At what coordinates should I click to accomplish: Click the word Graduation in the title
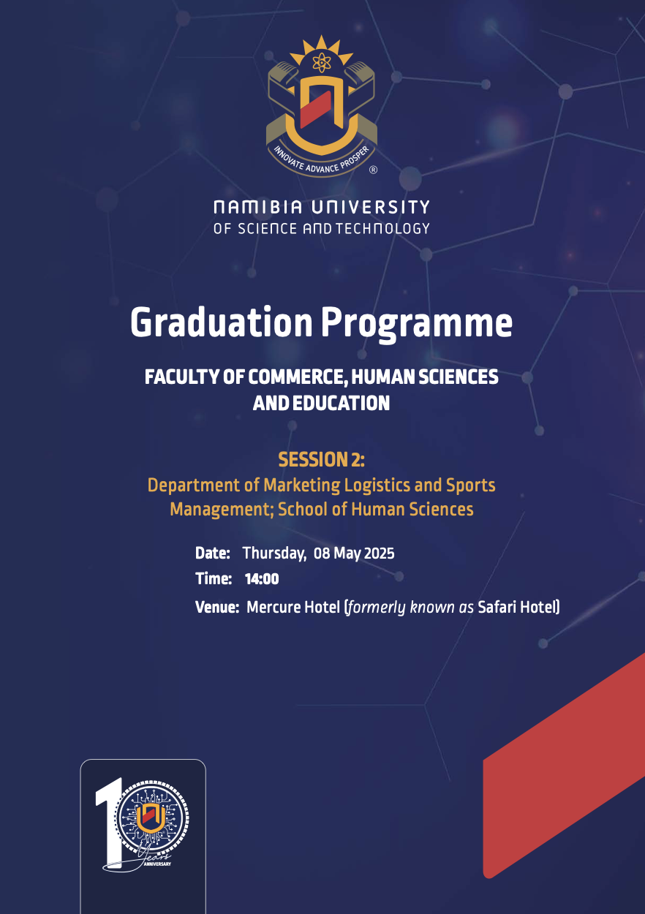pos(222,322)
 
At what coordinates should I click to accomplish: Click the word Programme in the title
pos(416,325)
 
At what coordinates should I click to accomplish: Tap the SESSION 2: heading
pos(322,459)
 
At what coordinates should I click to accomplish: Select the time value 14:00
pos(262,578)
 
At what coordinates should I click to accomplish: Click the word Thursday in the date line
pos(274,554)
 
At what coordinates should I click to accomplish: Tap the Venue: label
pos(217,607)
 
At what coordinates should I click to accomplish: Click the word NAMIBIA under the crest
pos(258,207)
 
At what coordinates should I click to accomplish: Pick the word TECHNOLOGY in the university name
pos(382,228)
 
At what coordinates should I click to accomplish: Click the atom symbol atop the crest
pos(322,62)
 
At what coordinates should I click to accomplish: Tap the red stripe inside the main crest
pos(315,109)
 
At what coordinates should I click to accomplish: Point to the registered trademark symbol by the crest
pos(373,170)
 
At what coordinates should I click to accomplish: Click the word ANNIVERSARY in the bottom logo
pos(157,864)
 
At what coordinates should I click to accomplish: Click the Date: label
pos(213,554)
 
